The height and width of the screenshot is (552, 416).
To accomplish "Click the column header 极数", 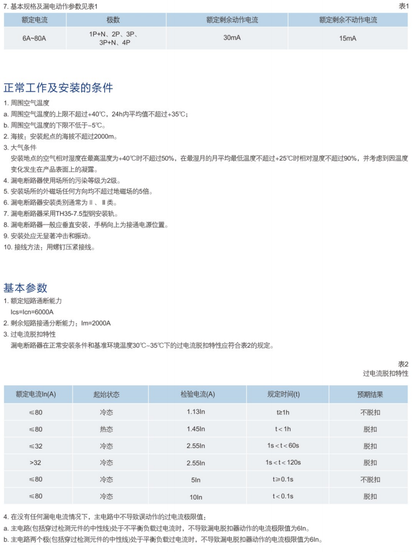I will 113,20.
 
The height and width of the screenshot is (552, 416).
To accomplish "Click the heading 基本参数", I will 26,287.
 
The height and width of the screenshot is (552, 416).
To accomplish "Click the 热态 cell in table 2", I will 106,429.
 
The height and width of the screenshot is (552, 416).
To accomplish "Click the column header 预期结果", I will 370,394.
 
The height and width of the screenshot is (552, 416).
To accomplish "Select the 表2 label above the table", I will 403,364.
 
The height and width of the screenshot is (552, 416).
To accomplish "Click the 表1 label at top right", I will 403,5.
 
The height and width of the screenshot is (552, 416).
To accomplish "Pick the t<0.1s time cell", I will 284,497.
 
